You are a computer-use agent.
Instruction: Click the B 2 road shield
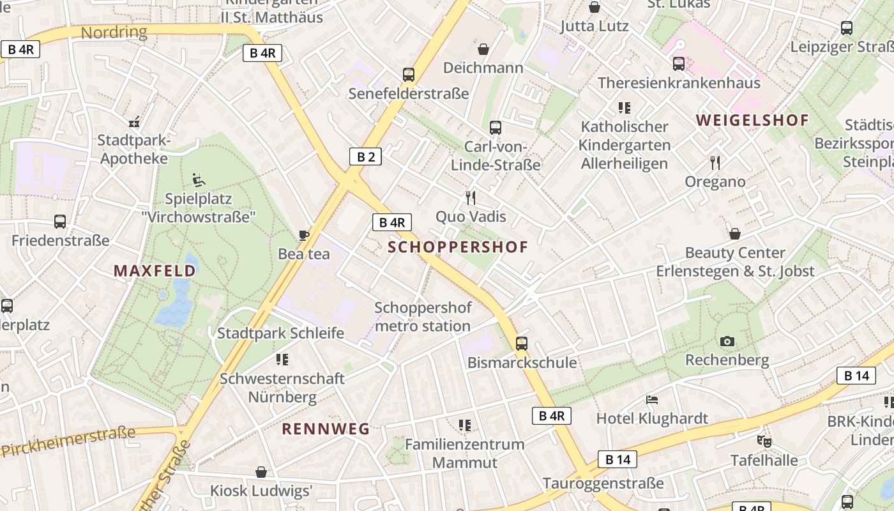tap(365, 156)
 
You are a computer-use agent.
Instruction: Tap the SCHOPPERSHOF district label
tap(458, 247)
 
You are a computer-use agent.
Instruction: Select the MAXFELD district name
tap(155, 271)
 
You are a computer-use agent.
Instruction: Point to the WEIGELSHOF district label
tap(752, 120)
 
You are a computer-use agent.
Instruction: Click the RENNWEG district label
tap(326, 429)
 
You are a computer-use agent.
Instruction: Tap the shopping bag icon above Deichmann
tap(483, 49)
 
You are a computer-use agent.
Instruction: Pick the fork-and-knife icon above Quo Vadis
tap(471, 198)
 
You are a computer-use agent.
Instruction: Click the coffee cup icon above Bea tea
tap(304, 235)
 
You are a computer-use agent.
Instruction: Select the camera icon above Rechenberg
tap(727, 342)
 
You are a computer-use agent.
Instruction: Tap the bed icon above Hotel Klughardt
tap(652, 400)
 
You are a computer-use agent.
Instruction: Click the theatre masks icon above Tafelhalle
tap(764, 441)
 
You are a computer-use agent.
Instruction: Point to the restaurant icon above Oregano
tap(715, 163)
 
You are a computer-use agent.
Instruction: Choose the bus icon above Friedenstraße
tap(60, 222)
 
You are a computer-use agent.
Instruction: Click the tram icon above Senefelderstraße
tap(409, 75)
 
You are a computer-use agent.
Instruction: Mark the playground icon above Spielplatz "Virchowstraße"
tap(198, 179)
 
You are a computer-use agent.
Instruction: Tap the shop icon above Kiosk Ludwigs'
tap(261, 472)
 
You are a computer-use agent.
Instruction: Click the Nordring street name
tap(114, 32)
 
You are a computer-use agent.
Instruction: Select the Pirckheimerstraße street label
tap(69, 441)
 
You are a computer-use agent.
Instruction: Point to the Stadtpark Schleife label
tap(280, 333)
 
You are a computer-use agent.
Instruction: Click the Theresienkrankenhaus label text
tap(679, 82)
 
